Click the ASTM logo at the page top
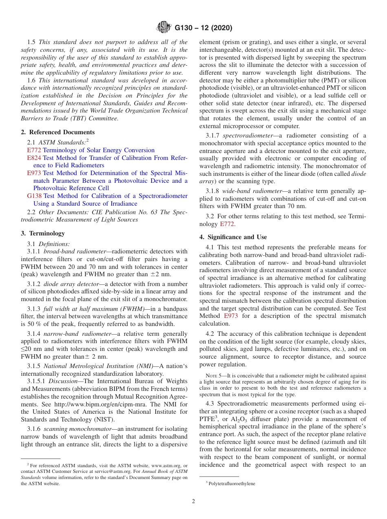click(164, 28)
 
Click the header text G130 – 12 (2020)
click(203, 28)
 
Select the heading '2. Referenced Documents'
click(58, 132)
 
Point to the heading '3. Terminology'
click(43, 233)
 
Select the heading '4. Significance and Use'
click(233, 237)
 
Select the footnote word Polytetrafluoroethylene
click(232, 484)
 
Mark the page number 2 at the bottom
click(193, 501)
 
